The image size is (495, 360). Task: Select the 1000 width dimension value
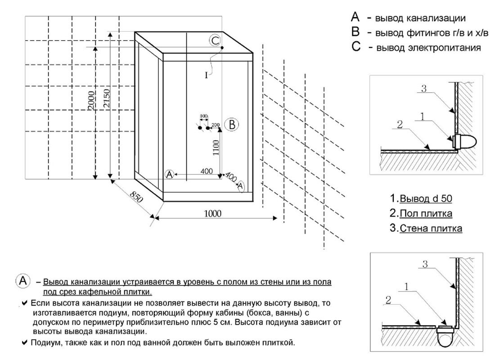coord(212,214)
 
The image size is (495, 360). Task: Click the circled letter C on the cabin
coord(215,40)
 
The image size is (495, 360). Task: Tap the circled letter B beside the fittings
coord(231,124)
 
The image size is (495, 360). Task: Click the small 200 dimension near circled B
coord(215,124)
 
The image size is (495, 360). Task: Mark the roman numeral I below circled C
coord(206,76)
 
